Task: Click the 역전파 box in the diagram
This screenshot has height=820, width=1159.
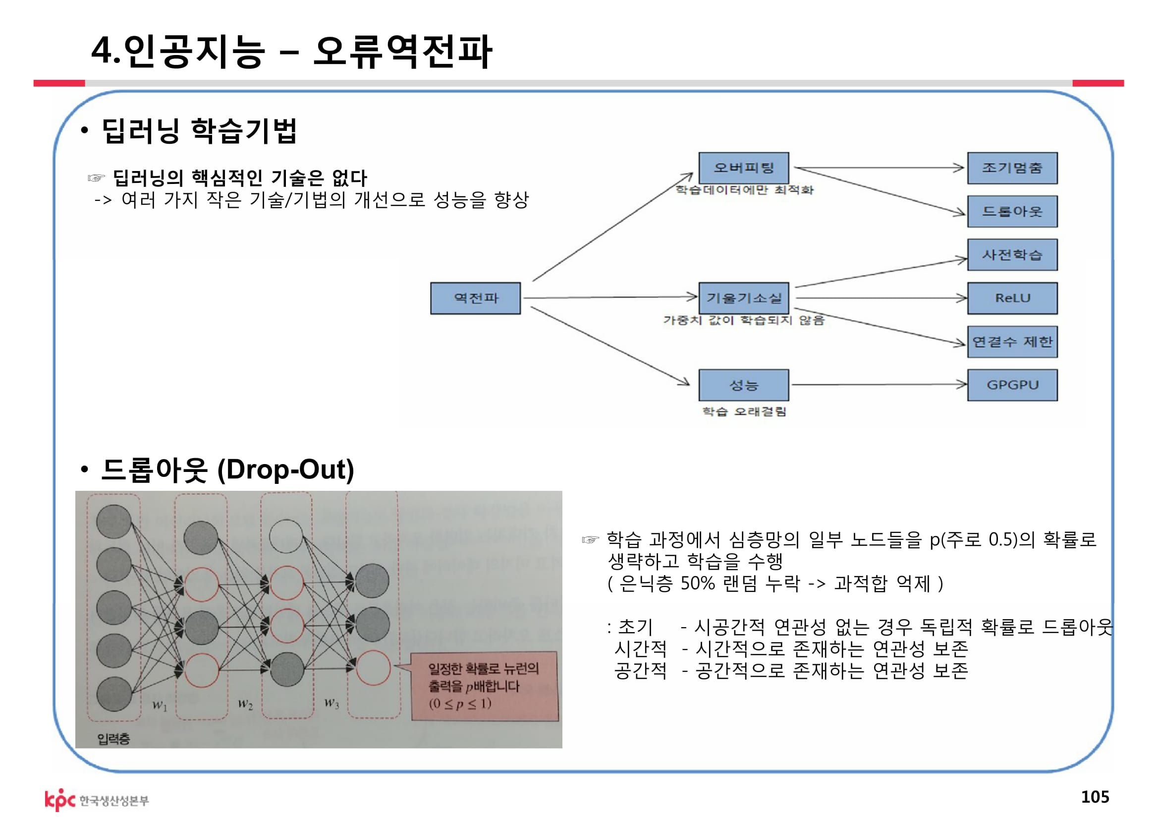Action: pyautogui.click(x=475, y=298)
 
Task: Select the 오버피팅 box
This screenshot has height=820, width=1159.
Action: pyautogui.click(x=744, y=168)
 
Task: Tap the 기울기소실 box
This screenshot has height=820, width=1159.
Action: pyautogui.click(x=744, y=298)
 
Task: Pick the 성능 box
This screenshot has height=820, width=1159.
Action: pyautogui.click(x=744, y=385)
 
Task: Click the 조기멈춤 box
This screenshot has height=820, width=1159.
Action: pyautogui.click(x=1012, y=168)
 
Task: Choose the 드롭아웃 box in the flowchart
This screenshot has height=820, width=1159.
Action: pyautogui.click(x=1012, y=212)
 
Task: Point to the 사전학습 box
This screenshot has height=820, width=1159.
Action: pyautogui.click(x=1012, y=255)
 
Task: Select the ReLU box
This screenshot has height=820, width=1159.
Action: pyautogui.click(x=1012, y=298)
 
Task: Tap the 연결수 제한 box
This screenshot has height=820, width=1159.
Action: pyautogui.click(x=1012, y=342)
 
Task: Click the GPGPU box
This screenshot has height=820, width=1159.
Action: pyautogui.click(x=1012, y=385)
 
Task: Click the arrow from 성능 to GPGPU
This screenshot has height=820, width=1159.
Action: pyautogui.click(x=879, y=385)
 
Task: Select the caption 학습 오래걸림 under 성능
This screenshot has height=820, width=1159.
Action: pyautogui.click(x=744, y=411)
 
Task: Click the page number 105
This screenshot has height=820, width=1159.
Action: pyautogui.click(x=1095, y=796)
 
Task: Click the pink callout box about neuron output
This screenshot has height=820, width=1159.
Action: pyautogui.click(x=485, y=686)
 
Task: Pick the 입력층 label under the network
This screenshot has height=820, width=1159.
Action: pyautogui.click(x=113, y=739)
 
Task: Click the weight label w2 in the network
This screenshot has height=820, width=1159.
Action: pyautogui.click(x=245, y=704)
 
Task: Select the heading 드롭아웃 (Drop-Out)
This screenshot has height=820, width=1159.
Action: pyautogui.click(x=227, y=469)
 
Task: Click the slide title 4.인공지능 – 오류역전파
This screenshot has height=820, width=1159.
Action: pyautogui.click(x=291, y=51)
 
